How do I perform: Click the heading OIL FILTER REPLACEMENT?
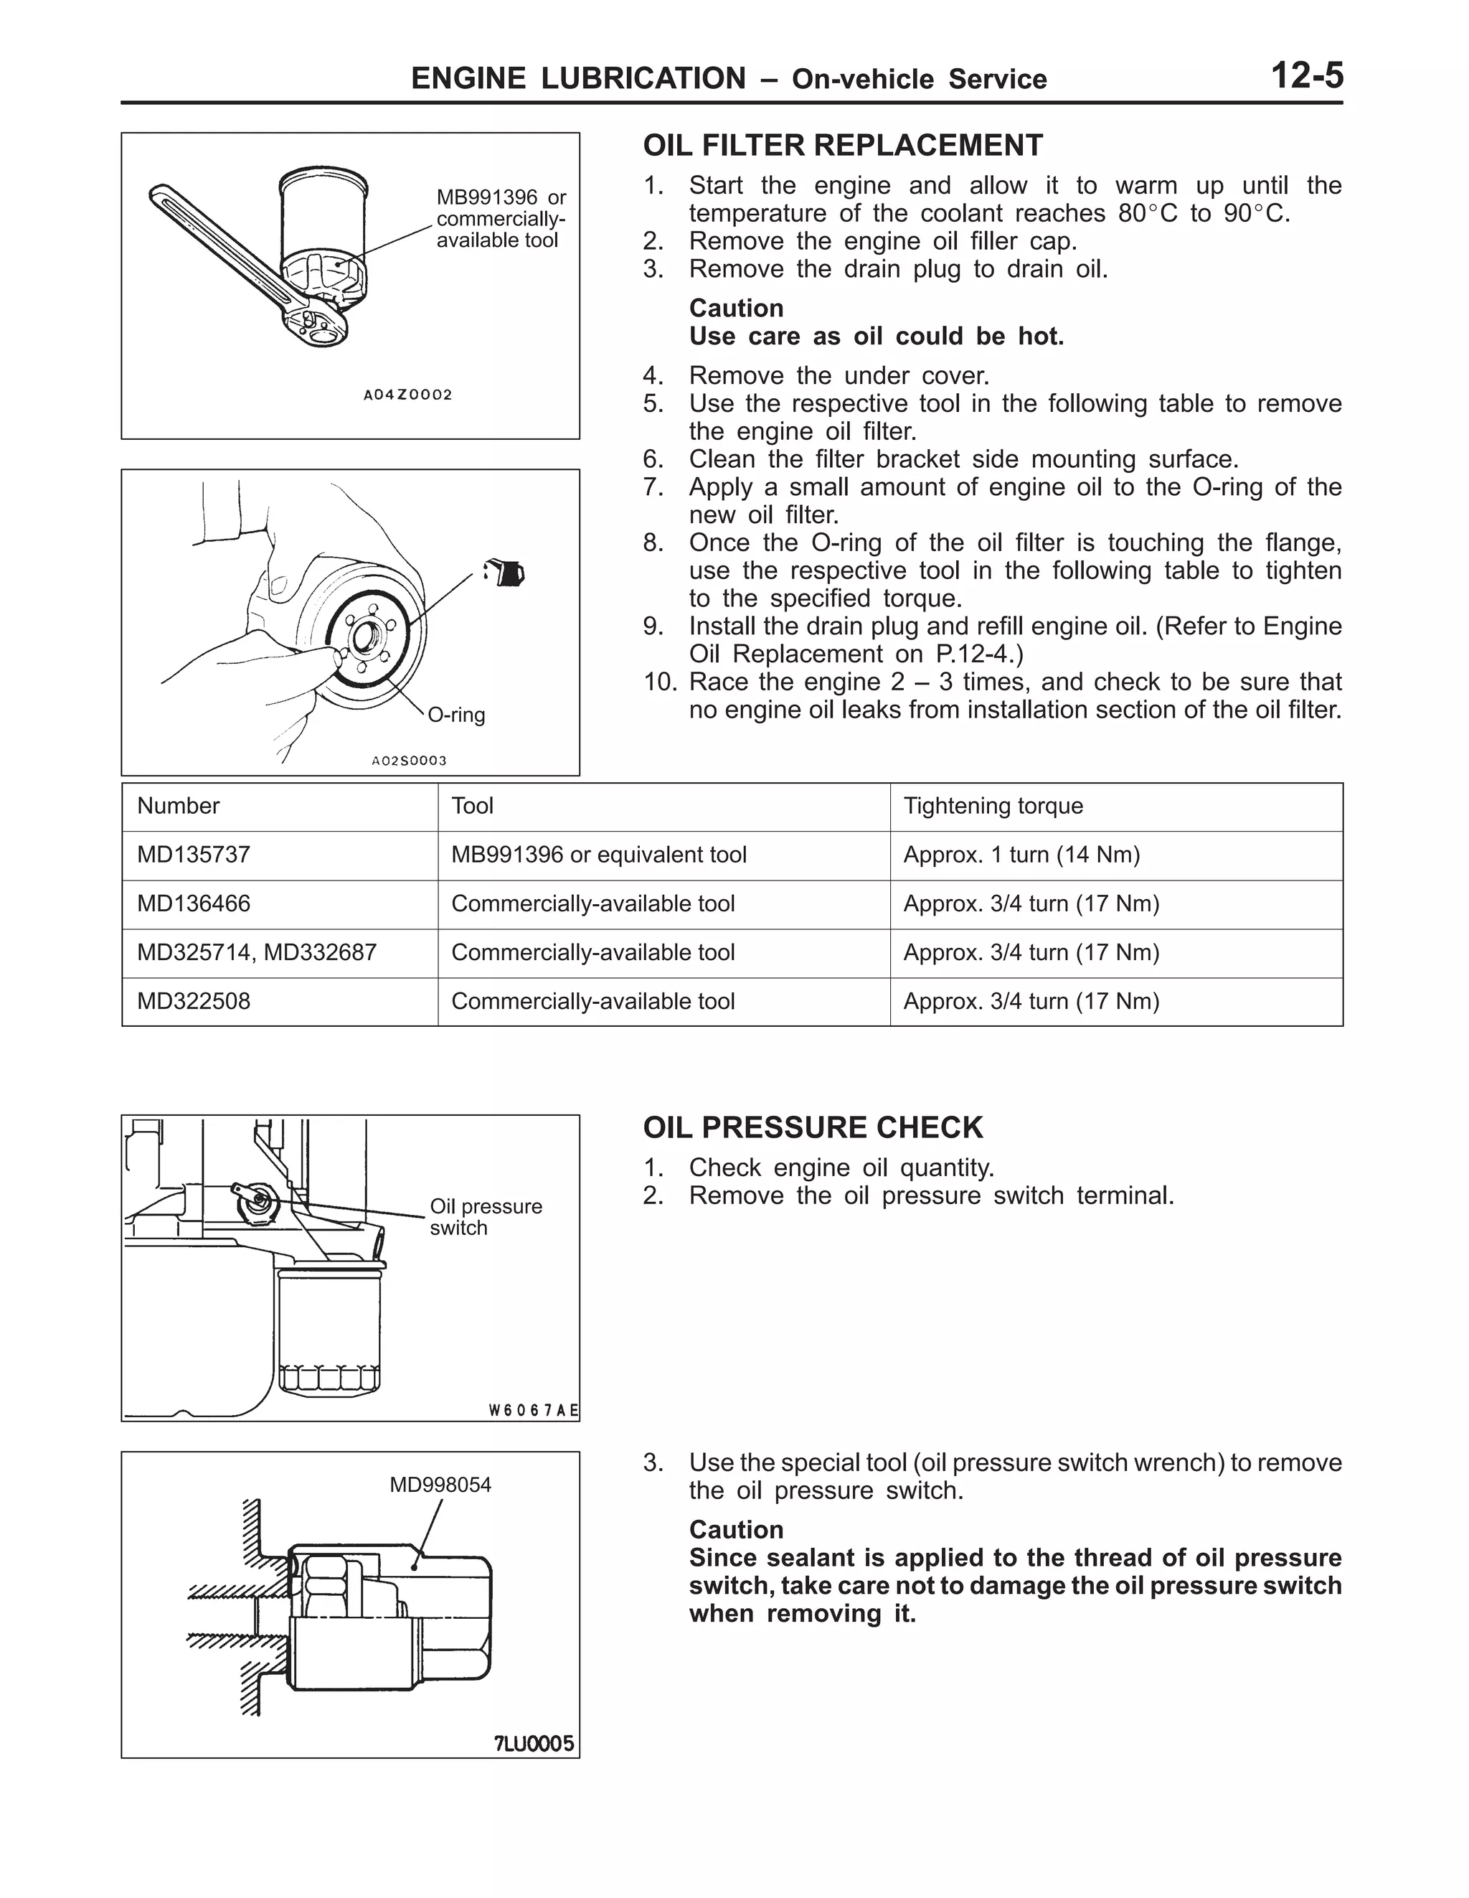pyautogui.click(x=842, y=145)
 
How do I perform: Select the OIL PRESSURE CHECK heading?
pyautogui.click(x=812, y=1127)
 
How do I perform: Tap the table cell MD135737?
pyautogui.click(x=194, y=855)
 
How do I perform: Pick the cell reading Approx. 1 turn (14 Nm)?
pyautogui.click(x=1021, y=855)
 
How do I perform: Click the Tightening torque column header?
pyautogui.click(x=993, y=807)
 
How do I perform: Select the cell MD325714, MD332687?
pyautogui.click(x=256, y=952)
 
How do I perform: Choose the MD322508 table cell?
pyautogui.click(x=194, y=1001)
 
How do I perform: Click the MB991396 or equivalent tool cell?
pyautogui.click(x=598, y=855)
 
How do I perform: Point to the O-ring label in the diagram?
pyautogui.click(x=457, y=715)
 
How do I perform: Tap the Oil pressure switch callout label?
pyautogui.click(x=485, y=1217)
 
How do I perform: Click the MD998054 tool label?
pyautogui.click(x=440, y=1485)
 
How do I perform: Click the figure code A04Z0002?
pyautogui.click(x=407, y=395)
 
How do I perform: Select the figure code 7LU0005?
pyautogui.click(x=534, y=1744)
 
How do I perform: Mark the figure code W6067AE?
pyautogui.click(x=532, y=1411)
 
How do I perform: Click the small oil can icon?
pyautogui.click(x=505, y=572)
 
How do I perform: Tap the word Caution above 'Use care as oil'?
pyautogui.click(x=736, y=309)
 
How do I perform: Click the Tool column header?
pyautogui.click(x=472, y=807)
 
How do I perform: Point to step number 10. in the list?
pyautogui.click(x=659, y=682)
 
